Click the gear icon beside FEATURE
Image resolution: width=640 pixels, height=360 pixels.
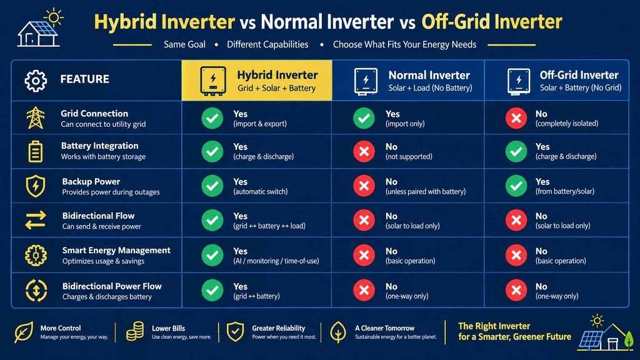(36, 81)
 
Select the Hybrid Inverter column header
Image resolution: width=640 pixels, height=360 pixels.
(257, 81)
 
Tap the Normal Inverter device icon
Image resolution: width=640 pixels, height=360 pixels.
(366, 81)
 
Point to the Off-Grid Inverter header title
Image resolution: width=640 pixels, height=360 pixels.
(579, 75)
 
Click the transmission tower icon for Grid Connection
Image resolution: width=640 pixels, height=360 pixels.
(36, 117)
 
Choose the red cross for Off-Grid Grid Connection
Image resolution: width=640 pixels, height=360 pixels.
(516, 118)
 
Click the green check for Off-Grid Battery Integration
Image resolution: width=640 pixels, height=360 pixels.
(516, 151)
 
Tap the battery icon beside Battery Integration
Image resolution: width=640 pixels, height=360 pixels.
(35, 151)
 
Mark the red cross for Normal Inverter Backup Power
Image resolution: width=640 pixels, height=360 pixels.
(364, 186)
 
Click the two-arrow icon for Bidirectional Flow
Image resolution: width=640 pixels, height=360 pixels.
(36, 221)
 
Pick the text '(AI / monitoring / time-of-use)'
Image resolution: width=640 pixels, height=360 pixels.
(276, 261)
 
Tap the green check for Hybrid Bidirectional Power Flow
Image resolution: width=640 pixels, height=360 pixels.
(212, 290)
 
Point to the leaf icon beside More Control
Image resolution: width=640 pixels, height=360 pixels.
(24, 332)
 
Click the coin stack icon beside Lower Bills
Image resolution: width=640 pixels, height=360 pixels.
(135, 331)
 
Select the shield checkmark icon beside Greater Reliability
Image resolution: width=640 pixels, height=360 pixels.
(235, 331)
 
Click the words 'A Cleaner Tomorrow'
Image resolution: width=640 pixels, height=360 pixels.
(384, 328)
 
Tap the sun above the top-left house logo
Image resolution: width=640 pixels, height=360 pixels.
(54, 17)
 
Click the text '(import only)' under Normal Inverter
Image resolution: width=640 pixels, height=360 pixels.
(405, 124)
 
